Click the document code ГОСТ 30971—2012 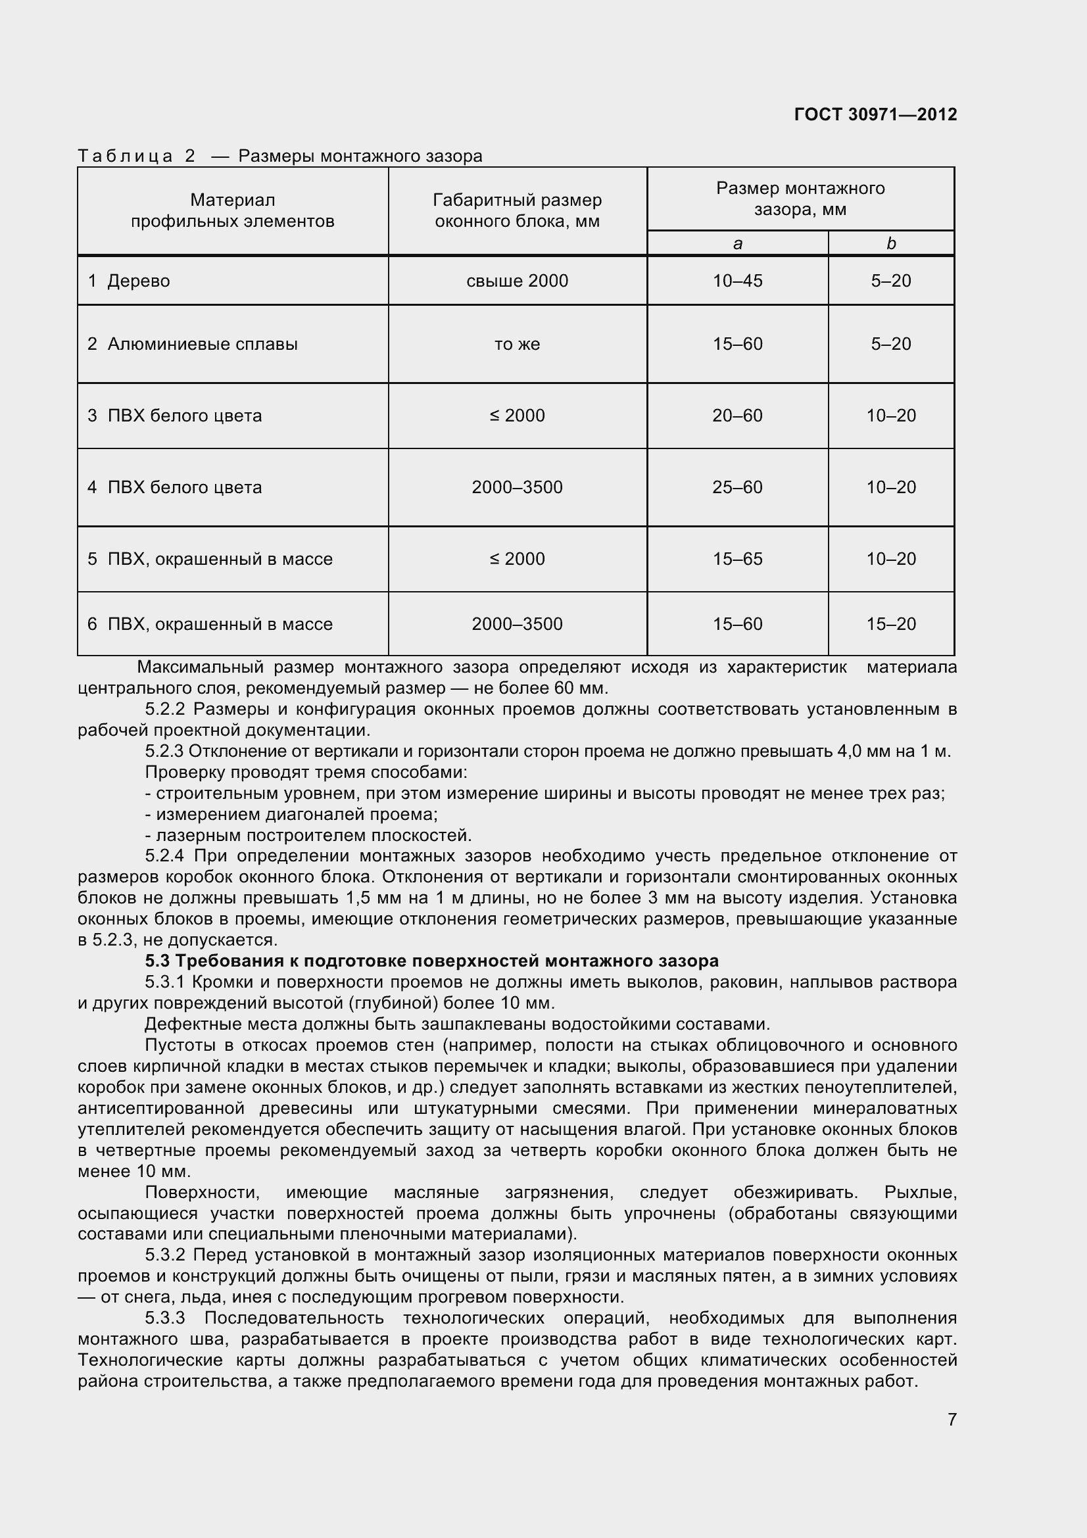[x=875, y=114]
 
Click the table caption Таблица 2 [x=137, y=156]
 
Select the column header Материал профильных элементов [x=232, y=210]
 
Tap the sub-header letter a [x=737, y=244]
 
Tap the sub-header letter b [x=891, y=244]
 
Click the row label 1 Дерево [x=129, y=281]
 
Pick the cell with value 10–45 [x=737, y=281]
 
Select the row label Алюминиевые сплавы [x=203, y=345]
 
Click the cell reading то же [x=517, y=345]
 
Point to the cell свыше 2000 [x=517, y=281]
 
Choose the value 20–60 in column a [x=737, y=416]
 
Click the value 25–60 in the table [x=737, y=488]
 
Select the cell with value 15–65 [x=737, y=560]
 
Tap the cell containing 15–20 [x=891, y=624]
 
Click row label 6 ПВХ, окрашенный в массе [x=210, y=624]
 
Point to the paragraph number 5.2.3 [x=164, y=752]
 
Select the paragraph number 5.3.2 [x=164, y=1255]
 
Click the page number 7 [x=952, y=1420]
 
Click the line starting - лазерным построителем [x=308, y=835]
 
